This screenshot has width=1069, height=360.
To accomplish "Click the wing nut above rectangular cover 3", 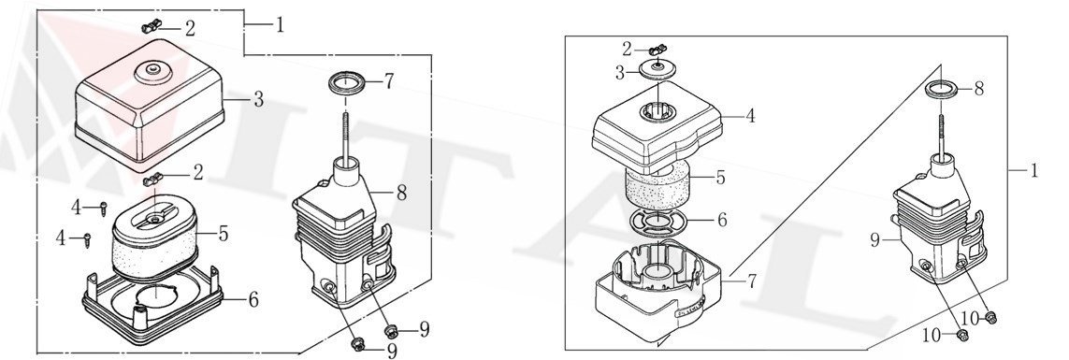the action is coord(151,26).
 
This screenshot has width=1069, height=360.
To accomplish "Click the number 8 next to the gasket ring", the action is coord(979,90).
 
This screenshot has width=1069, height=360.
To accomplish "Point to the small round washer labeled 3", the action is coord(657,68).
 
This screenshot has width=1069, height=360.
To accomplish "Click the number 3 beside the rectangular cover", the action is coord(258,100).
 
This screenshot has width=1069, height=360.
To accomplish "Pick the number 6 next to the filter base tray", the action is coord(253,299).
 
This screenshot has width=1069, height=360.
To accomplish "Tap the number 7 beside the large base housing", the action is coord(751,281).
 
